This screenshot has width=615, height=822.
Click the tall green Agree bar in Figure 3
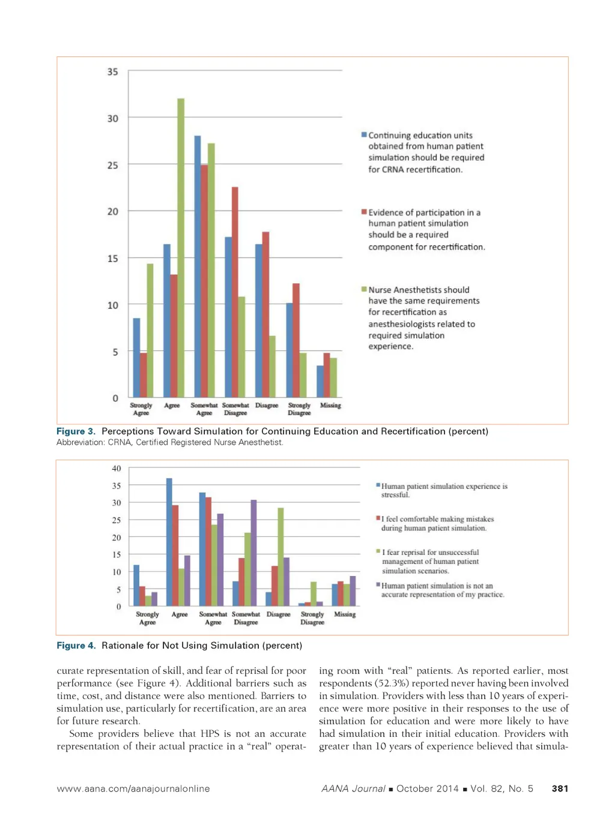181,247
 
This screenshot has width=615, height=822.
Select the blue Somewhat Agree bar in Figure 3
198,266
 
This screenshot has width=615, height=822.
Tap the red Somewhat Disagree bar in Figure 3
235,292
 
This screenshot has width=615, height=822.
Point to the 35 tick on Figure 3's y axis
113,72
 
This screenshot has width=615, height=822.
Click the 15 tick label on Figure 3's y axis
113,259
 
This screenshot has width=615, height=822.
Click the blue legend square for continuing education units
364,135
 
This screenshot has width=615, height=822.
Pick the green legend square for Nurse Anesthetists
364,289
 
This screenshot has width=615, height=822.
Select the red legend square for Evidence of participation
364,212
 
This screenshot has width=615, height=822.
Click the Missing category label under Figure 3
330,406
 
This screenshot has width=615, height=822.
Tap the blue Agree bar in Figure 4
169,542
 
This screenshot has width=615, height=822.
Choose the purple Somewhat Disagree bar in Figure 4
253,553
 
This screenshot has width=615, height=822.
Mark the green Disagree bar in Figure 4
280,557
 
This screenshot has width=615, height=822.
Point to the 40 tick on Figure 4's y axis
117,469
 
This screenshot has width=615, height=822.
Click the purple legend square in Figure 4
378,584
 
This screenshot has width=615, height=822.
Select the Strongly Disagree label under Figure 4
312,618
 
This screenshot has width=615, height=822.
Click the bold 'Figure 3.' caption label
76,431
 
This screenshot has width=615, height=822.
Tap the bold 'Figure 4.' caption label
76,646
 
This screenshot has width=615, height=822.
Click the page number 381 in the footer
560,788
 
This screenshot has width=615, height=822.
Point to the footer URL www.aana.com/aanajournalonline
133,788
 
